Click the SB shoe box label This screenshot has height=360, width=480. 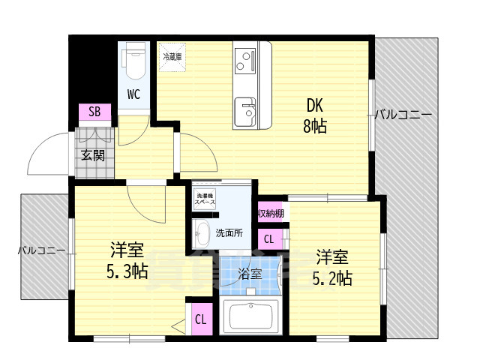tap(94, 113)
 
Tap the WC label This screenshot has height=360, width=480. tap(133, 94)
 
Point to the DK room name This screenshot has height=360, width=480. tap(314, 106)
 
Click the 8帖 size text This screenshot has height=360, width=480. tap(315, 126)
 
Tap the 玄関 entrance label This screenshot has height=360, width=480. tap(93, 156)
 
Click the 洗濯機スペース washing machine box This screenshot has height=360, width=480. tap(205, 199)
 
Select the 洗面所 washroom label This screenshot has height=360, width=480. tap(229, 232)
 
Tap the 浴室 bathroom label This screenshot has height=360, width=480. tap(250, 274)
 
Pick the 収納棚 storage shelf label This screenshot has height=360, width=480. tap(271, 214)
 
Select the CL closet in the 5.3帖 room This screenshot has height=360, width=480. tap(200, 319)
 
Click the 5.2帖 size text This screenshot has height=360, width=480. tap(331, 278)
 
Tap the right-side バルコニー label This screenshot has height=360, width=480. tap(403, 115)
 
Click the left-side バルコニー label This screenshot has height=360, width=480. tap(40, 250)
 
